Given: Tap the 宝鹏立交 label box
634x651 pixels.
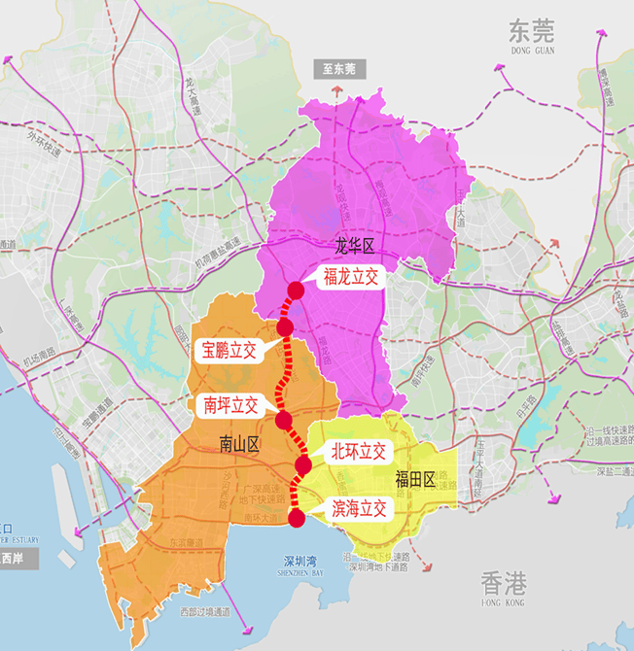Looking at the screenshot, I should (229, 351).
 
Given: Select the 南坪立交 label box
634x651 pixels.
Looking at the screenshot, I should (230, 406).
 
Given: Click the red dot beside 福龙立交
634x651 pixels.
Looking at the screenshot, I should (297, 289).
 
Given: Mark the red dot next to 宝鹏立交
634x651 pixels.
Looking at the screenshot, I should (285, 327).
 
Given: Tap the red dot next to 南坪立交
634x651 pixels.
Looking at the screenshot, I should (284, 420).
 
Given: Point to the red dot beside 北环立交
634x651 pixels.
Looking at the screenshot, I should (302, 466).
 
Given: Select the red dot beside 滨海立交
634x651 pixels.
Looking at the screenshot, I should (298, 518).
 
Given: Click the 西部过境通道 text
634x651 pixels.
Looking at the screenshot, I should (205, 612).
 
